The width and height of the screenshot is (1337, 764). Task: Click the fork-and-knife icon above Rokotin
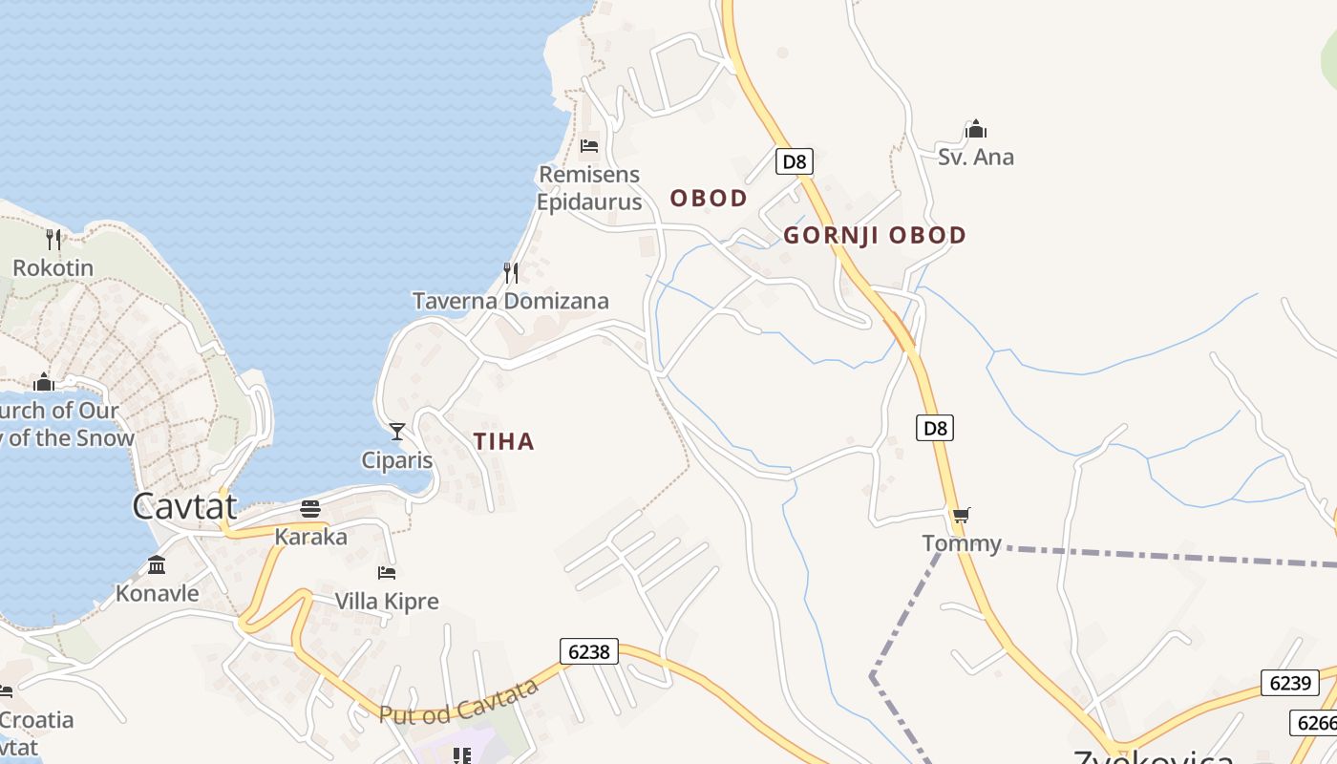(53, 239)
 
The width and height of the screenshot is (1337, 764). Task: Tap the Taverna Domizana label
(510, 302)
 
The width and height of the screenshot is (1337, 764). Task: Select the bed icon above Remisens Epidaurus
(589, 146)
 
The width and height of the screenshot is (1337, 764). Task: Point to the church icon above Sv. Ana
(975, 129)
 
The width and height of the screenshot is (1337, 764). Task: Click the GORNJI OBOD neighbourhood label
(875, 235)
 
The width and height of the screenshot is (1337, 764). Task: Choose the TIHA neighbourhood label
(503, 441)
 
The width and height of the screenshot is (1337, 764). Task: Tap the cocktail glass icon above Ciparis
(397, 432)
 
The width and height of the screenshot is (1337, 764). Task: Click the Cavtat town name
(184, 505)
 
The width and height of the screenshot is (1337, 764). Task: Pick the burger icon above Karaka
(310, 508)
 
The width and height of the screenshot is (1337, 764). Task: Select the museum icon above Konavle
(157, 565)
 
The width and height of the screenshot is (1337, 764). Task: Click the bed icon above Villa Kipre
(387, 573)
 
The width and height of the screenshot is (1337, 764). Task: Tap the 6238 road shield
(588, 651)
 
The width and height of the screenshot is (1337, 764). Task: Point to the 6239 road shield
(1289, 683)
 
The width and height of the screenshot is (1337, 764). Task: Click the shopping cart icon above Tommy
(961, 516)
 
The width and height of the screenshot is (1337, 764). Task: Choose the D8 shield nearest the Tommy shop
(936, 428)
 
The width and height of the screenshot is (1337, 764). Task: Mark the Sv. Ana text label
(975, 158)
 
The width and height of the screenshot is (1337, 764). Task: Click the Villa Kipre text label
(387, 602)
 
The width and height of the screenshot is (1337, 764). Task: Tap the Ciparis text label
(396, 460)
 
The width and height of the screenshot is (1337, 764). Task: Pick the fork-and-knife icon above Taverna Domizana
(511, 273)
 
